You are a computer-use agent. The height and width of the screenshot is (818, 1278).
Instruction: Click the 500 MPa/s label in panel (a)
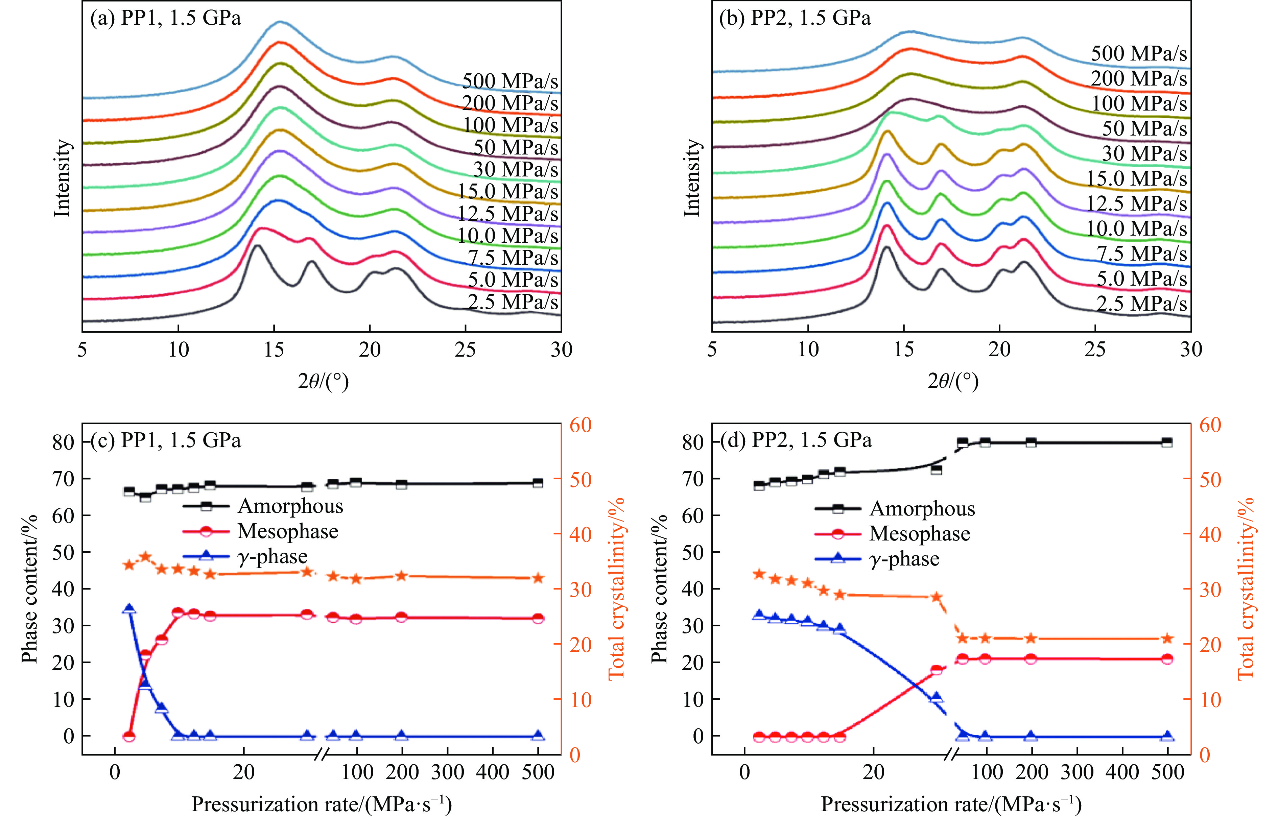(510, 81)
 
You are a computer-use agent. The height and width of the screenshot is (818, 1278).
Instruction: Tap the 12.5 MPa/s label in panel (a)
(508, 214)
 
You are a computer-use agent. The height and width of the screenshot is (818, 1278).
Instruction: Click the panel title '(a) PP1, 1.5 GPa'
(165, 18)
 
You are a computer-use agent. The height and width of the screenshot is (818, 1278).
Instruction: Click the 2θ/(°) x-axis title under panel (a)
(323, 381)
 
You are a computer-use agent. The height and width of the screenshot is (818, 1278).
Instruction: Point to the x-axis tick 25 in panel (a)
(465, 350)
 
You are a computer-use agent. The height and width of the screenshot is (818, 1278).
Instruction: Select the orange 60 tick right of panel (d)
(1210, 425)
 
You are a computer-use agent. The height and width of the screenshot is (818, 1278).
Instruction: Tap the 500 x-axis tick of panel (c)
(538, 772)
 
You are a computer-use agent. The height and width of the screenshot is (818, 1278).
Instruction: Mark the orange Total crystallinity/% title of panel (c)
(616, 588)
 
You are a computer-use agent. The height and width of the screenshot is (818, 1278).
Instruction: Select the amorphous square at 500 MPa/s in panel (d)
(1167, 442)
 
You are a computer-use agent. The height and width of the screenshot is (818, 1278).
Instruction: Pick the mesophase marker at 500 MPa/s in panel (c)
(538, 618)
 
